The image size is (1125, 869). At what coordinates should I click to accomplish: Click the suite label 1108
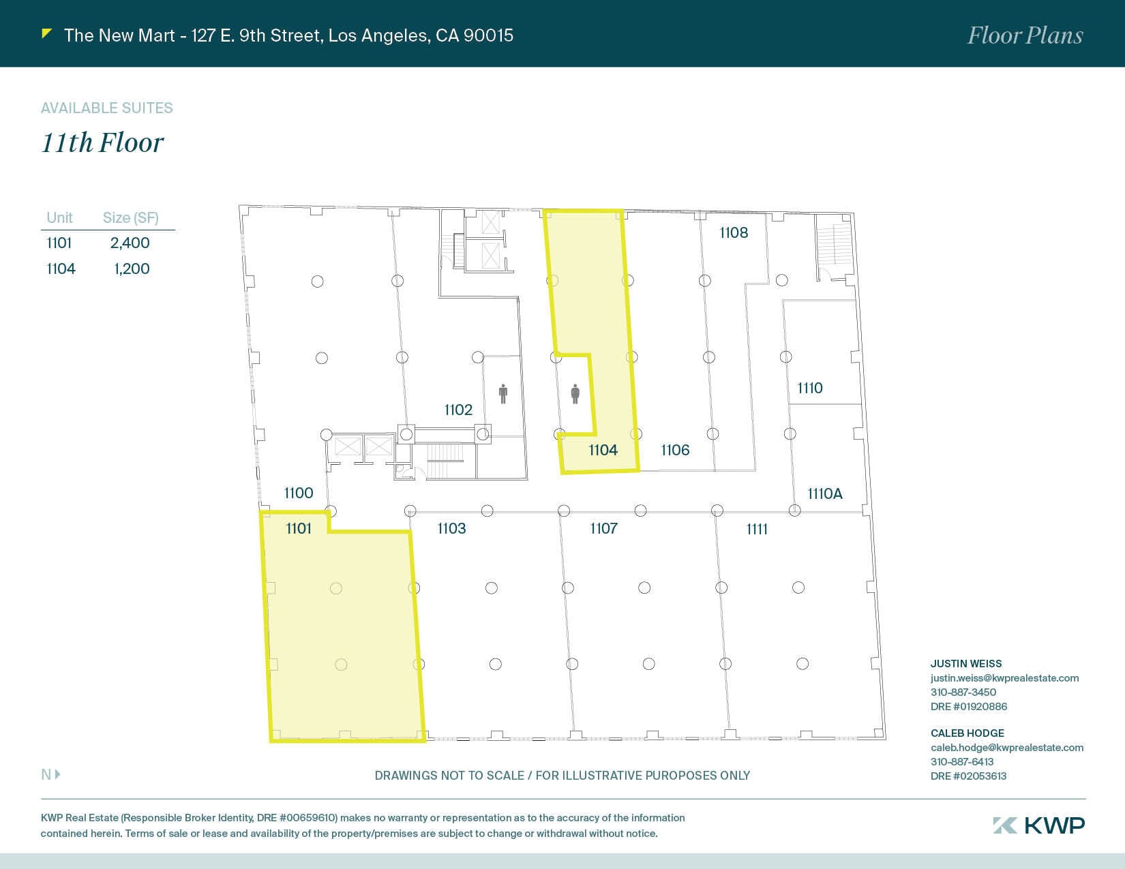click(x=734, y=232)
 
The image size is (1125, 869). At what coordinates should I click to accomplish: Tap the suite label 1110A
click(x=824, y=493)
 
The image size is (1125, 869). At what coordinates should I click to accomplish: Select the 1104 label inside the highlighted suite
click(x=603, y=450)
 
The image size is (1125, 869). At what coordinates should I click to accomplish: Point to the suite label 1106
click(x=675, y=450)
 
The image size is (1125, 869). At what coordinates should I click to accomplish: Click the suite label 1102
click(x=458, y=410)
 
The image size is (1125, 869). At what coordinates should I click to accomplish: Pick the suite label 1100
click(x=299, y=493)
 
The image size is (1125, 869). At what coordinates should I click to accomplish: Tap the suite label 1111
click(x=757, y=529)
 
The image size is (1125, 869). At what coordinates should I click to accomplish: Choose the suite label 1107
click(x=603, y=528)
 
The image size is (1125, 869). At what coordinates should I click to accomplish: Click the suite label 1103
click(x=451, y=528)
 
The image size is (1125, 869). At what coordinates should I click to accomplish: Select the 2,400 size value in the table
click(x=130, y=243)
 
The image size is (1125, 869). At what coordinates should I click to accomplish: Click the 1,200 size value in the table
click(x=132, y=269)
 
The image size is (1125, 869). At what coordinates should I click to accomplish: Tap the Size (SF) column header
click(x=130, y=217)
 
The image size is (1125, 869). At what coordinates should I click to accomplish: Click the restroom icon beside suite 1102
click(x=503, y=394)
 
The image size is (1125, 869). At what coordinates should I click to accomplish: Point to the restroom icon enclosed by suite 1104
click(x=575, y=394)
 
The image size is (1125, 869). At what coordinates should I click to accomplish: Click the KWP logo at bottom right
click(x=1038, y=825)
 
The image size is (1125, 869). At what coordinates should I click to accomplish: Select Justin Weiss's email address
click(x=1004, y=678)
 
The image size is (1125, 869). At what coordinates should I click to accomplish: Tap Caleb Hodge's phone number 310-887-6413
click(x=962, y=761)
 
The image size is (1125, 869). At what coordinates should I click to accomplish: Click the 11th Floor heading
click(x=103, y=142)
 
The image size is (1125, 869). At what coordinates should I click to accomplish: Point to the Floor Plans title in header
click(x=1025, y=35)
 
